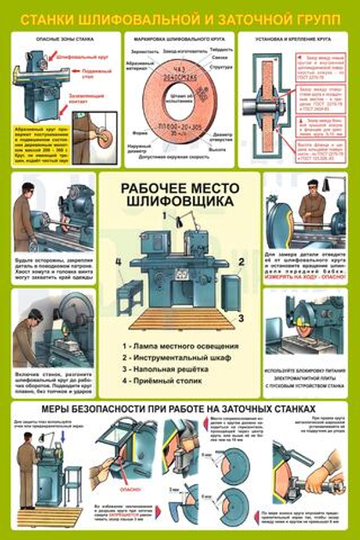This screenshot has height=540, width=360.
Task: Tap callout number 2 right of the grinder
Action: pyautogui.click(x=243, y=261)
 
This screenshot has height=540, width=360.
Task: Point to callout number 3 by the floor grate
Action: pyautogui.click(x=243, y=316)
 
